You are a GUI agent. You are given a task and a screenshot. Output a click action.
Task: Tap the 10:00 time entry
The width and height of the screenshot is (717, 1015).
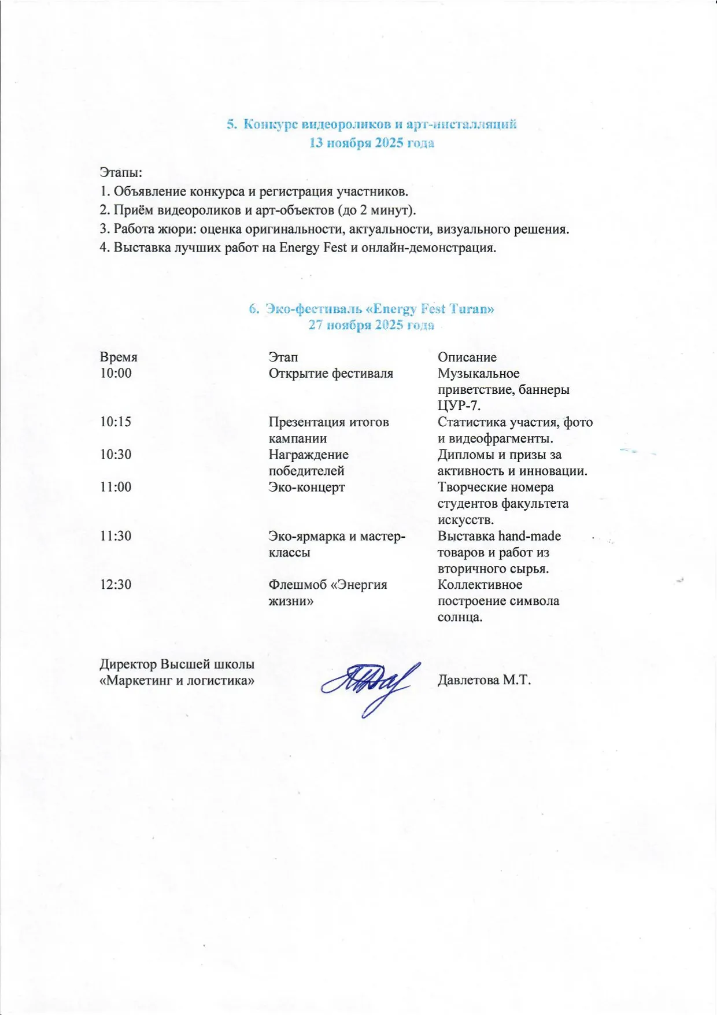point(116,373)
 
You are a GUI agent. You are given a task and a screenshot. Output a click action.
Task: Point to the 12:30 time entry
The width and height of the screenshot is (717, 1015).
point(116,584)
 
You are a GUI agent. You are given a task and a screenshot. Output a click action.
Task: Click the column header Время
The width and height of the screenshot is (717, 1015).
point(119,357)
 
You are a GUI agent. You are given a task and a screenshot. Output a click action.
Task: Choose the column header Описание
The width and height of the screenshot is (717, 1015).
point(467,357)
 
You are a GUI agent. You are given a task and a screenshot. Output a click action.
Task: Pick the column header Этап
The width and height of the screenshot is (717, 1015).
point(283,357)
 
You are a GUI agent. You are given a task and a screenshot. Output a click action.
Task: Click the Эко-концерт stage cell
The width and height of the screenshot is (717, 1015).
point(306,487)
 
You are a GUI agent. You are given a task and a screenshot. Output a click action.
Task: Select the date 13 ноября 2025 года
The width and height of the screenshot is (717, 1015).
point(371,143)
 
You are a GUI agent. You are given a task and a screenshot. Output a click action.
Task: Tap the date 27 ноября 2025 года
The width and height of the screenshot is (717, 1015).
point(371,325)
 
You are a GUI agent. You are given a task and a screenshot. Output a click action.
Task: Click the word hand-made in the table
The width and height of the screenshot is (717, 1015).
point(529,536)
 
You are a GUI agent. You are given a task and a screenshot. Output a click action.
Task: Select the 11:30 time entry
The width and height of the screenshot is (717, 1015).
point(116,536)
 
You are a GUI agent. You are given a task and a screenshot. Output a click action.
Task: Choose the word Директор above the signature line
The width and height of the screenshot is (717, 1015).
point(128,664)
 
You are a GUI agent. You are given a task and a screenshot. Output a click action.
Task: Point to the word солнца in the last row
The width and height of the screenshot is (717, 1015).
point(460,617)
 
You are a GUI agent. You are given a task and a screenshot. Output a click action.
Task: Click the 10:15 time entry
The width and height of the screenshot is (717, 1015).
point(116,422)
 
